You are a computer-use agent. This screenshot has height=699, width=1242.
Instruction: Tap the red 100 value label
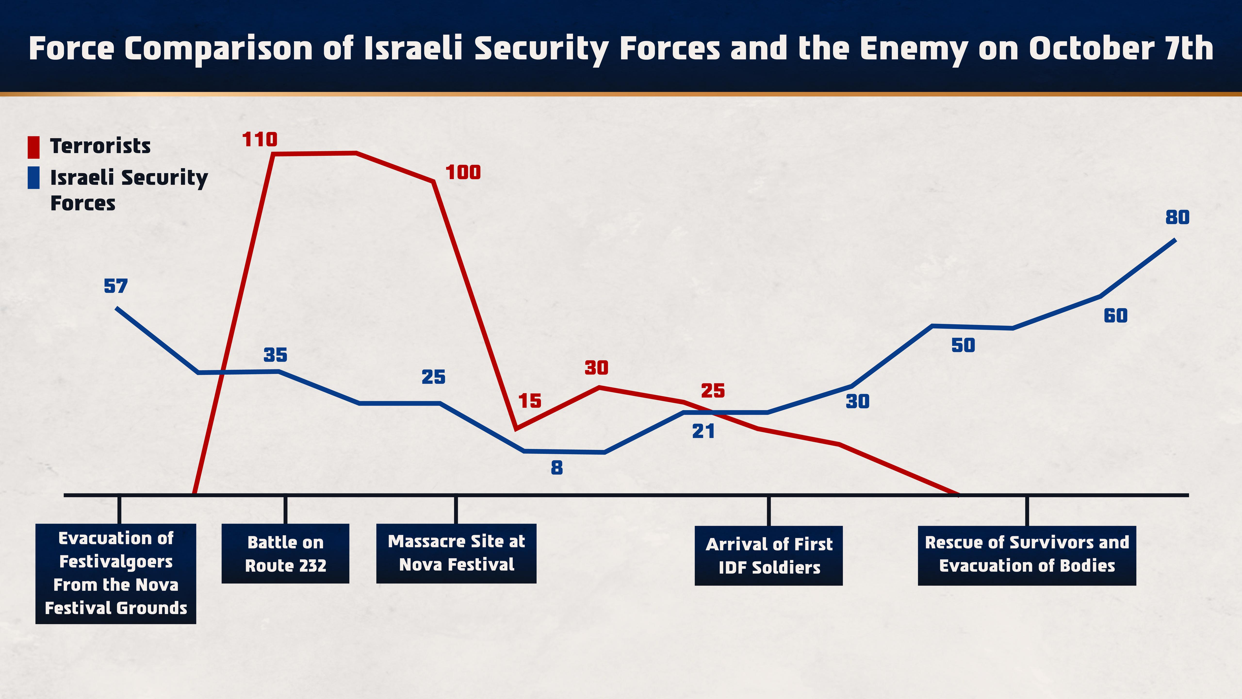[463, 172]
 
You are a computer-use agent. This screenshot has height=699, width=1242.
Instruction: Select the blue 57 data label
[116, 286]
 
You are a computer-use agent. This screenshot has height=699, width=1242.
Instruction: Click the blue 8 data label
[557, 467]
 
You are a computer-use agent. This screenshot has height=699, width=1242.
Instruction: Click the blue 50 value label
[963, 345]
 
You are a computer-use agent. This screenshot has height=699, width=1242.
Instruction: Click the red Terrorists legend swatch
[33, 147]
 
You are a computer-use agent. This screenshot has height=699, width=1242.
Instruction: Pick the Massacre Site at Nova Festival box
[456, 553]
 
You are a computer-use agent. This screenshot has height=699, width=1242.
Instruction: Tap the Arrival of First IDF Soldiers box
[768, 556]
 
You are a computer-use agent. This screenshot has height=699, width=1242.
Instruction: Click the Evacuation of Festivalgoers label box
[116, 574]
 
